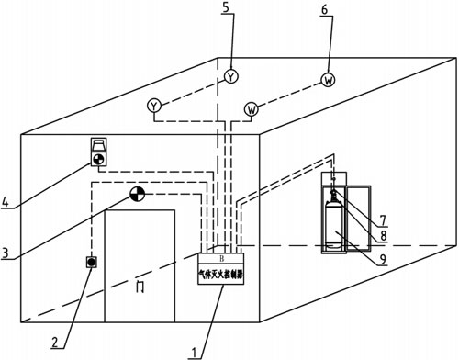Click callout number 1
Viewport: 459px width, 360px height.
click(194, 353)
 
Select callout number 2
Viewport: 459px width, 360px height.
click(55, 342)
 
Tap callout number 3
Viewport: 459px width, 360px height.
click(5, 253)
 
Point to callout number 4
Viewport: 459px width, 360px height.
click(6, 202)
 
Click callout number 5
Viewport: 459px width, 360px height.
click(226, 7)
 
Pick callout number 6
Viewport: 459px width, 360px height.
click(324, 10)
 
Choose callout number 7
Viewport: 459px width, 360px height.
click(383, 220)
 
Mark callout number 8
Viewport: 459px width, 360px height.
click(384, 236)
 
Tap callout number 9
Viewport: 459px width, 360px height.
click(383, 259)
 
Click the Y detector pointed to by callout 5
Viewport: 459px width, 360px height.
click(231, 76)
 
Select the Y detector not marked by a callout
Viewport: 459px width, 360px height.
click(154, 106)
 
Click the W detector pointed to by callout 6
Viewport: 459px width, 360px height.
click(329, 80)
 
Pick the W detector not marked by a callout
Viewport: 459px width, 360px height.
click(252, 109)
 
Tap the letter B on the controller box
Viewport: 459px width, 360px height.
click(221, 259)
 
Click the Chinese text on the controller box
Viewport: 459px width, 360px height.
click(221, 275)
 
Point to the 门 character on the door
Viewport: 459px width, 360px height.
click(140, 287)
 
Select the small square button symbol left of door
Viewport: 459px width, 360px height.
click(91, 262)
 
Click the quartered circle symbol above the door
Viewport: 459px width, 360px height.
click(137, 194)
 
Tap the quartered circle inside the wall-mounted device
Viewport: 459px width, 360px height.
click(98, 159)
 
